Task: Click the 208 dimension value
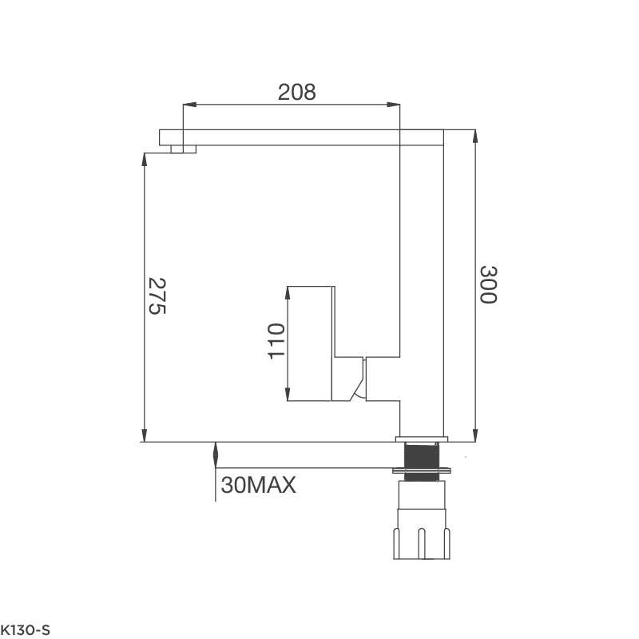coord(296,92)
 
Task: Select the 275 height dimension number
coord(157,296)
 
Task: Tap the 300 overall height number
coord(488,284)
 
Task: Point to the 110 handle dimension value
coord(276,341)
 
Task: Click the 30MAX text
coord(258,485)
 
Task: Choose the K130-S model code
coord(25,630)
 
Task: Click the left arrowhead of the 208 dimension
coord(190,105)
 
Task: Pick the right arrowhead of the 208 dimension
coord(393,105)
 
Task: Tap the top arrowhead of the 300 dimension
coord(475,137)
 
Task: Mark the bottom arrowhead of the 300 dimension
coord(475,435)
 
